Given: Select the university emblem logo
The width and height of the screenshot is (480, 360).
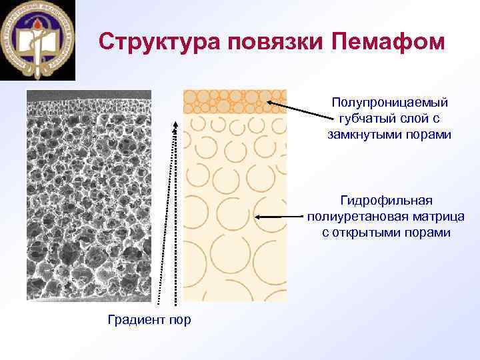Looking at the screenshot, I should coord(39,40).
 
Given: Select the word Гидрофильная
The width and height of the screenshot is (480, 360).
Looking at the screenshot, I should coord(386,200).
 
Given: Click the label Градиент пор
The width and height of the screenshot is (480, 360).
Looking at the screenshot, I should coord(149,320).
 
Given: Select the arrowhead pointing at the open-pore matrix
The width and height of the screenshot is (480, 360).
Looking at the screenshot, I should coord(258,217).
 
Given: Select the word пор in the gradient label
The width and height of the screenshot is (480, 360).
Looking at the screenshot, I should coord(179,320).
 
